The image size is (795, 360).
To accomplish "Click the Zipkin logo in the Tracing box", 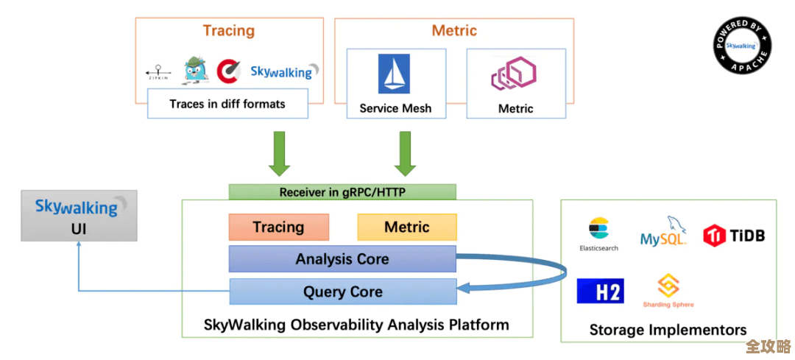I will tap(158, 72).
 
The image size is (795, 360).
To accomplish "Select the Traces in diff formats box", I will tap(227, 104).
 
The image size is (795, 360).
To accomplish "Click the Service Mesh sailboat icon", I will tap(395, 74).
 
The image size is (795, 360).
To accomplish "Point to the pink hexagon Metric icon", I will tap(514, 74).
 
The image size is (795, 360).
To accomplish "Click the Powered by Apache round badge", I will tap(742, 45).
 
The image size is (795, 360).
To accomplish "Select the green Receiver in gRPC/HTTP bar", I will tap(342, 192).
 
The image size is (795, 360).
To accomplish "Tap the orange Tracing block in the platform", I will tap(278, 227).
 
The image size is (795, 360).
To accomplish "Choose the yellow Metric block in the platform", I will tap(406, 227).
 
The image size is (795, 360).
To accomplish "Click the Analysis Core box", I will tap(342, 259).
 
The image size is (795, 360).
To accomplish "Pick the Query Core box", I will tap(342, 292).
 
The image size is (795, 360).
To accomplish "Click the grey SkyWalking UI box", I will tap(79, 216).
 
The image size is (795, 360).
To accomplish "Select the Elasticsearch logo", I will tap(598, 233).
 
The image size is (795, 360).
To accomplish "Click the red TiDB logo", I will tap(734, 236).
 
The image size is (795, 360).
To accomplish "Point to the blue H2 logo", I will tap(600, 291).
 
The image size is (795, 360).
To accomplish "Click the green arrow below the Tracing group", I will tap(280, 153).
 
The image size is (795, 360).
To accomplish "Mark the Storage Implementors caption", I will tap(668, 330).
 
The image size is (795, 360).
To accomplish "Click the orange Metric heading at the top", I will tap(454, 31).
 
